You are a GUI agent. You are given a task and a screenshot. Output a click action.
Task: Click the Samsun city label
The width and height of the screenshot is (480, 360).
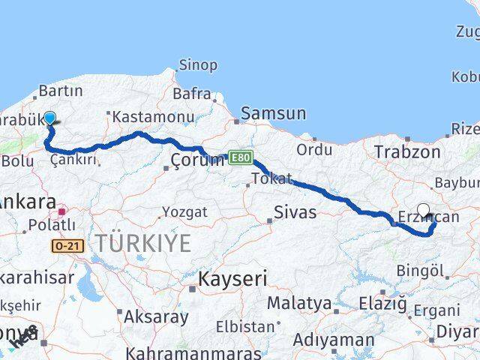[274, 114]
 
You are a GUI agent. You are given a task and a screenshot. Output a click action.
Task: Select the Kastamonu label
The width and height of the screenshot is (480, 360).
[149, 116]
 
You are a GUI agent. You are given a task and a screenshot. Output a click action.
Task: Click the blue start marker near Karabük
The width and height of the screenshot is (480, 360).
[49, 118]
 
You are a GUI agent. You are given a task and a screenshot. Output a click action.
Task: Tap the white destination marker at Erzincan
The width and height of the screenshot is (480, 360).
[423, 211]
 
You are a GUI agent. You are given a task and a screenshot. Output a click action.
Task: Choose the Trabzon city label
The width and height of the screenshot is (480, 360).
[407, 151]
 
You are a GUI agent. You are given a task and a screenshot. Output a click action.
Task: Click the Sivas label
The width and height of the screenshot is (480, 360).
[295, 211]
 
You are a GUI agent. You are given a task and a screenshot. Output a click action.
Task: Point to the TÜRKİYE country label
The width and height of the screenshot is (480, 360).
[142, 242]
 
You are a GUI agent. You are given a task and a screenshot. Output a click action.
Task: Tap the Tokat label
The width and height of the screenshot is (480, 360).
[271, 178]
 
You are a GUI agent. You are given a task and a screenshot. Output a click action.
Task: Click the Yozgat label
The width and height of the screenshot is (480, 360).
[184, 212]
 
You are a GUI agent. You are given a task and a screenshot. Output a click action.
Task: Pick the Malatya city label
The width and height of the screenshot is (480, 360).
[299, 303]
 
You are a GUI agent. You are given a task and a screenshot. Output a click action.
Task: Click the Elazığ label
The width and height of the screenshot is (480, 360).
[382, 304]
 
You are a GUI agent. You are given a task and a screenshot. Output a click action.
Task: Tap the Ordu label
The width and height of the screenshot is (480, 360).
[313, 149]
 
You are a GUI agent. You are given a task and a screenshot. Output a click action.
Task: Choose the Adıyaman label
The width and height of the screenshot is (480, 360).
[333, 339]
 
